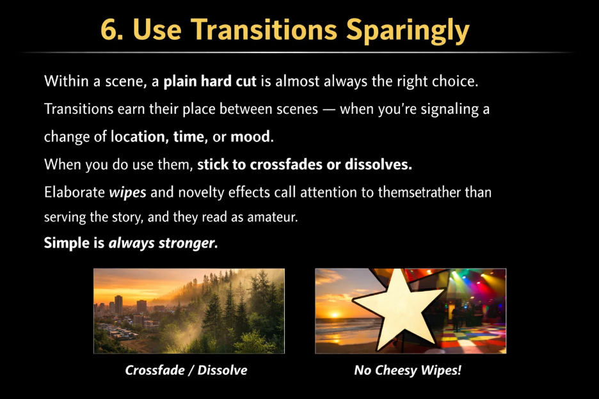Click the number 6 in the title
[x=110, y=30]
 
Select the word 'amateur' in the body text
[x=275, y=217]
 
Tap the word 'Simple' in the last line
[x=66, y=243]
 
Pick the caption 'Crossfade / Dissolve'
[x=186, y=370]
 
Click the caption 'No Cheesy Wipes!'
[x=408, y=370]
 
